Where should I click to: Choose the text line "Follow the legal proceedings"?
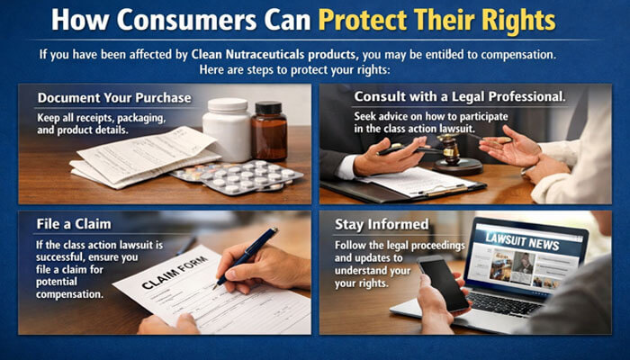[x=392, y=246]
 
